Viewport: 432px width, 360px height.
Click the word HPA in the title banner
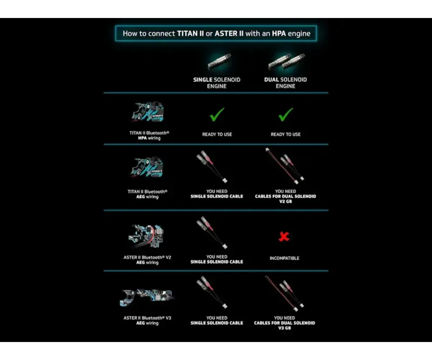279,33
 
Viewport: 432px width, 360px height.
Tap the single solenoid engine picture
219,62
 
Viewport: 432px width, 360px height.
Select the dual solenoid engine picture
286,62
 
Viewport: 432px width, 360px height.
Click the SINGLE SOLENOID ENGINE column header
217,83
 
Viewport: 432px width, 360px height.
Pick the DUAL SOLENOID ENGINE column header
285,83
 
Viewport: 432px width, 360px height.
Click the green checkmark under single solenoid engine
217,114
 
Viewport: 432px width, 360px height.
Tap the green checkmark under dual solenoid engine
286,114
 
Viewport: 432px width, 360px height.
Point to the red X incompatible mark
284,237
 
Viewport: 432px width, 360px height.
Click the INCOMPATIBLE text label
284,258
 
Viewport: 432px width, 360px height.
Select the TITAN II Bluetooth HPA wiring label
149,135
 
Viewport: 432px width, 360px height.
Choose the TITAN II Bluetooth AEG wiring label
147,194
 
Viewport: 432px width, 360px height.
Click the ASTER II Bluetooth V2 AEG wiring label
147,260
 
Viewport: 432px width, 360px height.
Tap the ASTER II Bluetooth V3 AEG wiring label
147,320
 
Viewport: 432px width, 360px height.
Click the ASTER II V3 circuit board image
147,297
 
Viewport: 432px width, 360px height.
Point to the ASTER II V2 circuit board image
146,237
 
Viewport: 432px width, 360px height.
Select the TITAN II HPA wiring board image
148,112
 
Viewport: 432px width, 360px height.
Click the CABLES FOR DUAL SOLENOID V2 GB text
285,199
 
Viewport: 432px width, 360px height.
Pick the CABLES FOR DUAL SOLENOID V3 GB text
284,325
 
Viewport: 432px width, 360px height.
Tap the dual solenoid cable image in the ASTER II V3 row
284,293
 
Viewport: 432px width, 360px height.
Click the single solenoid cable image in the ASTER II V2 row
212,232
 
